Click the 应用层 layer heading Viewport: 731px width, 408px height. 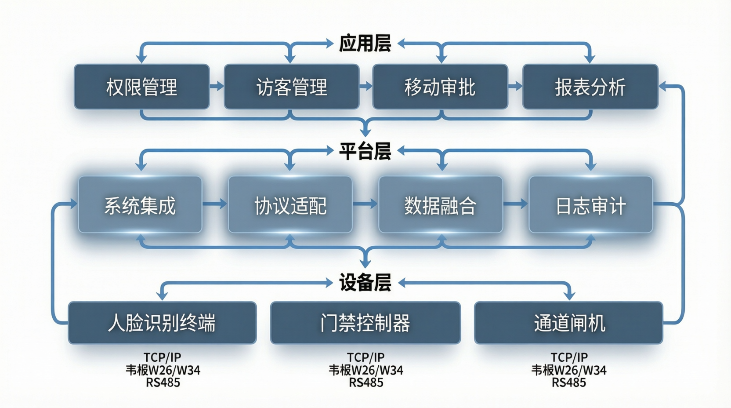365,44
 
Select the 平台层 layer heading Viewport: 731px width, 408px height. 365,151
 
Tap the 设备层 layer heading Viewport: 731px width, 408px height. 365,283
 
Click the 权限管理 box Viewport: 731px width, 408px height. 141,87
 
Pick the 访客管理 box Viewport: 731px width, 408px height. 292,87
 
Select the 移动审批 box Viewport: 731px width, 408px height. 440,87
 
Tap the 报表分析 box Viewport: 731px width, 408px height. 590,87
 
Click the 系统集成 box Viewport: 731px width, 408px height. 140,205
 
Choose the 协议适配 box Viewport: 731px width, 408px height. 290,205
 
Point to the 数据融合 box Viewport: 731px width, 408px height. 440,205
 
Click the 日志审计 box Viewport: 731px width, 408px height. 590,205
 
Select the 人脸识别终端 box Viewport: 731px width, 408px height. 162,323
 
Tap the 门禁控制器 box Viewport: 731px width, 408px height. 365,323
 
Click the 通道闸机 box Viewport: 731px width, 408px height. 568,323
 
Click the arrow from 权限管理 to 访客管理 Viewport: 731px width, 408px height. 217,86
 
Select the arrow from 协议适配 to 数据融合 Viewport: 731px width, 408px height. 365,204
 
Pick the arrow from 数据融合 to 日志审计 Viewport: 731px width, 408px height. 515,204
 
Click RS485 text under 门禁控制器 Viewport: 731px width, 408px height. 366,382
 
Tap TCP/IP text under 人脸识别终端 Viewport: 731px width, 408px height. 163,357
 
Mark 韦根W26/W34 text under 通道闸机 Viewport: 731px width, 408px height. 569,370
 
